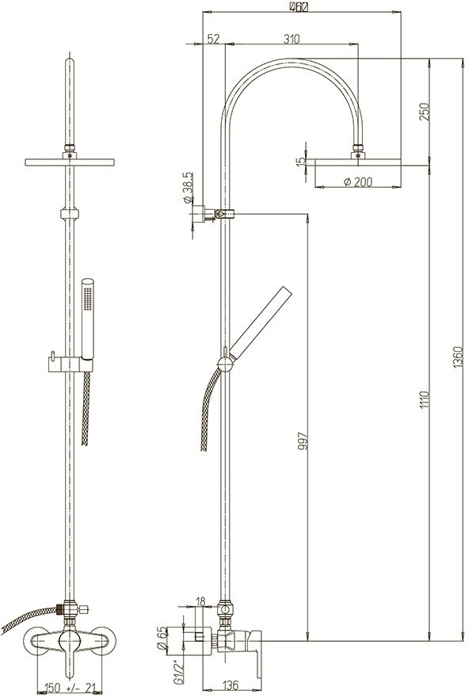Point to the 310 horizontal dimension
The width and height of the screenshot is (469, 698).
coord(291,39)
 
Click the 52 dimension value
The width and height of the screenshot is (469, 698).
coord(213,39)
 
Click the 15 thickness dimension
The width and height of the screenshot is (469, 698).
coord(299,162)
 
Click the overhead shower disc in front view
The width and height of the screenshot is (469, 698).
coord(71,162)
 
